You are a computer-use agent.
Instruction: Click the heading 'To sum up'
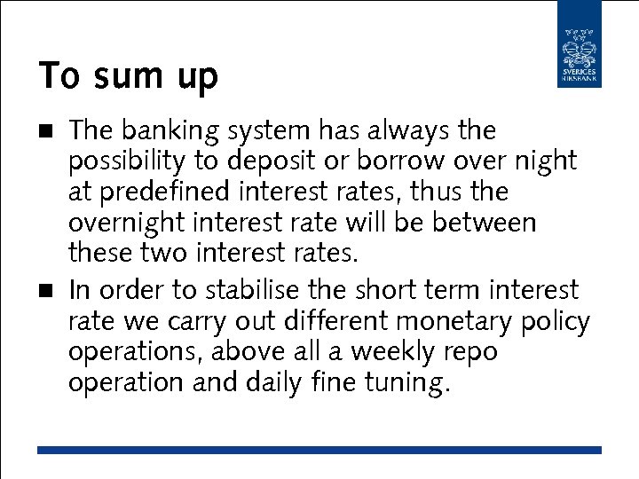click(128, 77)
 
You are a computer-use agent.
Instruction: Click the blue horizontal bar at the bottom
click(319, 451)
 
